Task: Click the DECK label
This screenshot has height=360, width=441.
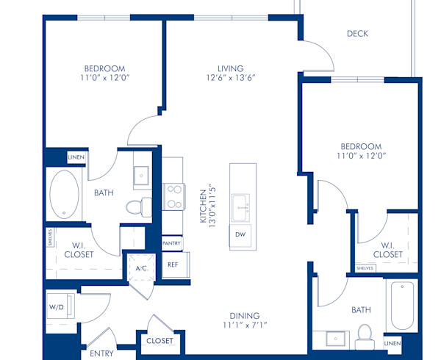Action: [357, 33]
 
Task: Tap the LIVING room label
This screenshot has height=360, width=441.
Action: [225, 68]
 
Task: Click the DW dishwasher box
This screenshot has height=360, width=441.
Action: [240, 234]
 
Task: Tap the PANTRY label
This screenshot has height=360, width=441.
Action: [172, 242]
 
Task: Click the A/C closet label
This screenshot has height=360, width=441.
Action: [141, 269]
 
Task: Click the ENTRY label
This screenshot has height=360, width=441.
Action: [101, 354]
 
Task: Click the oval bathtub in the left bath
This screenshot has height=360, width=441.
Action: [64, 195]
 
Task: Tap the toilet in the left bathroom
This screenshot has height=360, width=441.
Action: [134, 208]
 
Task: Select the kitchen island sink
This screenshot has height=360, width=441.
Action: [240, 206]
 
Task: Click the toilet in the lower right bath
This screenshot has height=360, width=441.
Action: [364, 338]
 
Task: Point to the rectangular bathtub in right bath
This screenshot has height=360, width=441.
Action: [403, 306]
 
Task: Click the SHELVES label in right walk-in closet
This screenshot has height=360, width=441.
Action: [365, 268]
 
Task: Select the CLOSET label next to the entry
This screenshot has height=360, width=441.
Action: [159, 341]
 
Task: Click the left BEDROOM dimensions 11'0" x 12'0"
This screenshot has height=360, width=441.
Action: [104, 76]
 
